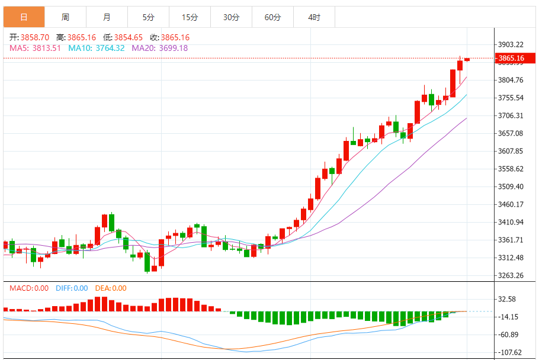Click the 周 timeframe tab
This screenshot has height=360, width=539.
tap(65, 17)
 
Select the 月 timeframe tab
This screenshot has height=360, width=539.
tap(107, 17)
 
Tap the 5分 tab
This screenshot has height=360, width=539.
tap(148, 17)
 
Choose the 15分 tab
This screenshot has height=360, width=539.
tap(190, 17)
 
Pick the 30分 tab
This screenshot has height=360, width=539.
tap(231, 17)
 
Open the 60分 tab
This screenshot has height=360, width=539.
tap(272, 17)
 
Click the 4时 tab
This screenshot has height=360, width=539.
tap(314, 17)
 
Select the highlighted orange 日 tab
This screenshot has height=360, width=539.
tap(24, 17)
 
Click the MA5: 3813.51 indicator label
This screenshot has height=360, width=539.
tap(35, 48)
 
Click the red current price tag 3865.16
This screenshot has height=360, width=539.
tap(512, 58)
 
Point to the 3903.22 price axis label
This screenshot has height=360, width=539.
tap(511, 44)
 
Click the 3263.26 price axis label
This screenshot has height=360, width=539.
tap(511, 275)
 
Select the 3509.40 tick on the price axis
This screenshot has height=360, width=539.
tap(511, 187)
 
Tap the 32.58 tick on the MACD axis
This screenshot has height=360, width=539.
tap(508, 299)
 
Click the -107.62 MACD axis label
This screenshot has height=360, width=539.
tap(509, 352)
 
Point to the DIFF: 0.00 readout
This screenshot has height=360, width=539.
tap(72, 288)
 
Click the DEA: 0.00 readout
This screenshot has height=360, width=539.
tap(111, 288)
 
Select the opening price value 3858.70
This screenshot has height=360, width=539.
tap(34, 37)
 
